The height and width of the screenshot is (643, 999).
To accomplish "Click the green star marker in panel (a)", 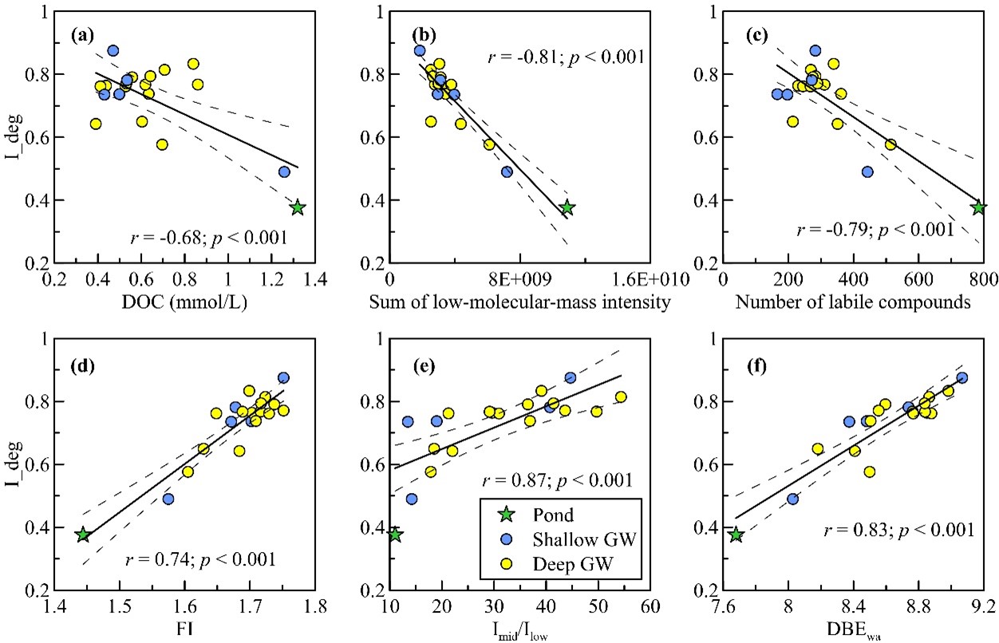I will [x=298, y=207].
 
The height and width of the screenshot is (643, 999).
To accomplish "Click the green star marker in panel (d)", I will [x=83, y=535].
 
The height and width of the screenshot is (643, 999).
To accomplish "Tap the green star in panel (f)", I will [x=736, y=535].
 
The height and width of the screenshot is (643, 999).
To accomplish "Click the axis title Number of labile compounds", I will [x=852, y=303].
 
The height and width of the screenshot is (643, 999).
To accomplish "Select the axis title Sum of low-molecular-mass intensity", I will [x=519, y=303].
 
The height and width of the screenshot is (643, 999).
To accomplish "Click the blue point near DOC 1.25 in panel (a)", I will [x=284, y=172].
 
